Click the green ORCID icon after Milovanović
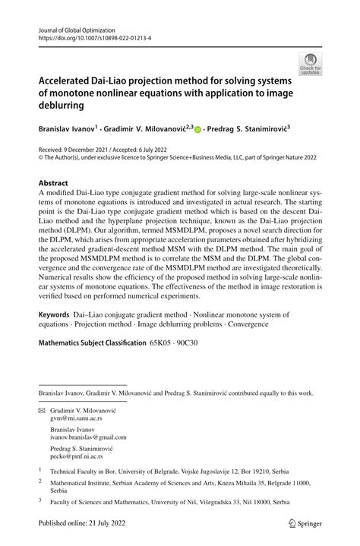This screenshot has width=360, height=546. pyautogui.click(x=198, y=131)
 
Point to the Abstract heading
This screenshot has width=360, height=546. pyautogui.click(x=55, y=183)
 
